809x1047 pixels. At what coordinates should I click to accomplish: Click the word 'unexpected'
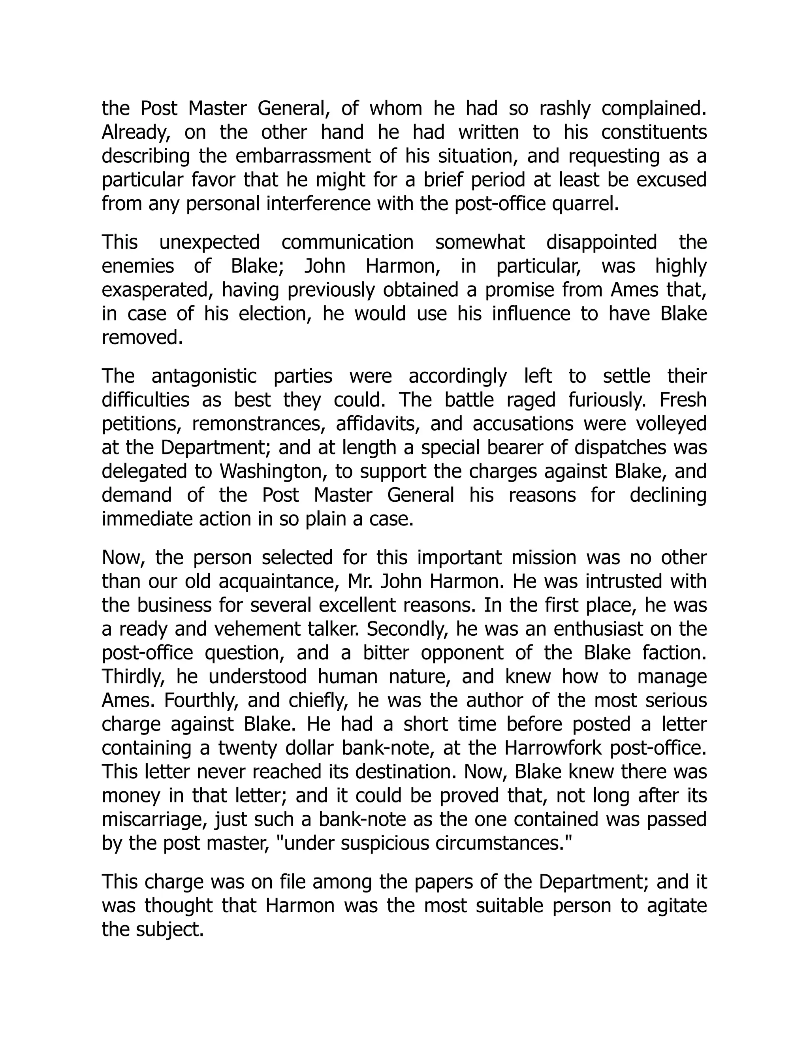tap(209, 242)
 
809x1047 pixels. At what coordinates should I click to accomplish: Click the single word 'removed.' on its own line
tap(142, 337)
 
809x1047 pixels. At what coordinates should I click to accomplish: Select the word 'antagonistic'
tap(204, 376)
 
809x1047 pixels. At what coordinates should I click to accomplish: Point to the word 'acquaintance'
tap(279, 582)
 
